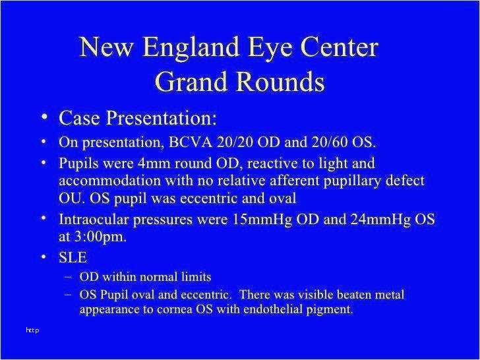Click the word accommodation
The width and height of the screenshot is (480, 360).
tap(110, 181)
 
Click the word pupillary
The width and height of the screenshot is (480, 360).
tap(353, 181)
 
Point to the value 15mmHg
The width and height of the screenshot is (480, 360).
tap(262, 220)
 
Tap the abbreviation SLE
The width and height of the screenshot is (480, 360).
tap(73, 257)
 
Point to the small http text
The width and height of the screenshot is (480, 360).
tap(33, 330)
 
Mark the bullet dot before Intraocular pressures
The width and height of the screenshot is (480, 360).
tap(44, 218)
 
